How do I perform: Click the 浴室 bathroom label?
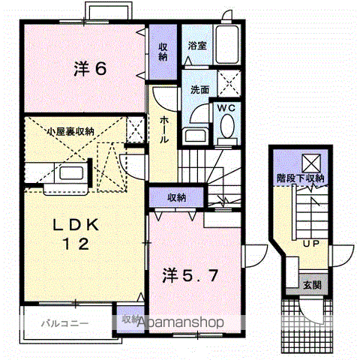click(197, 45)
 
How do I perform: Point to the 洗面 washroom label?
click(199, 90)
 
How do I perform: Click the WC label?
click(226, 107)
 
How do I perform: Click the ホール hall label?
click(164, 129)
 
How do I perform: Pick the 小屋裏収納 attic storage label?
click(70, 131)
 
